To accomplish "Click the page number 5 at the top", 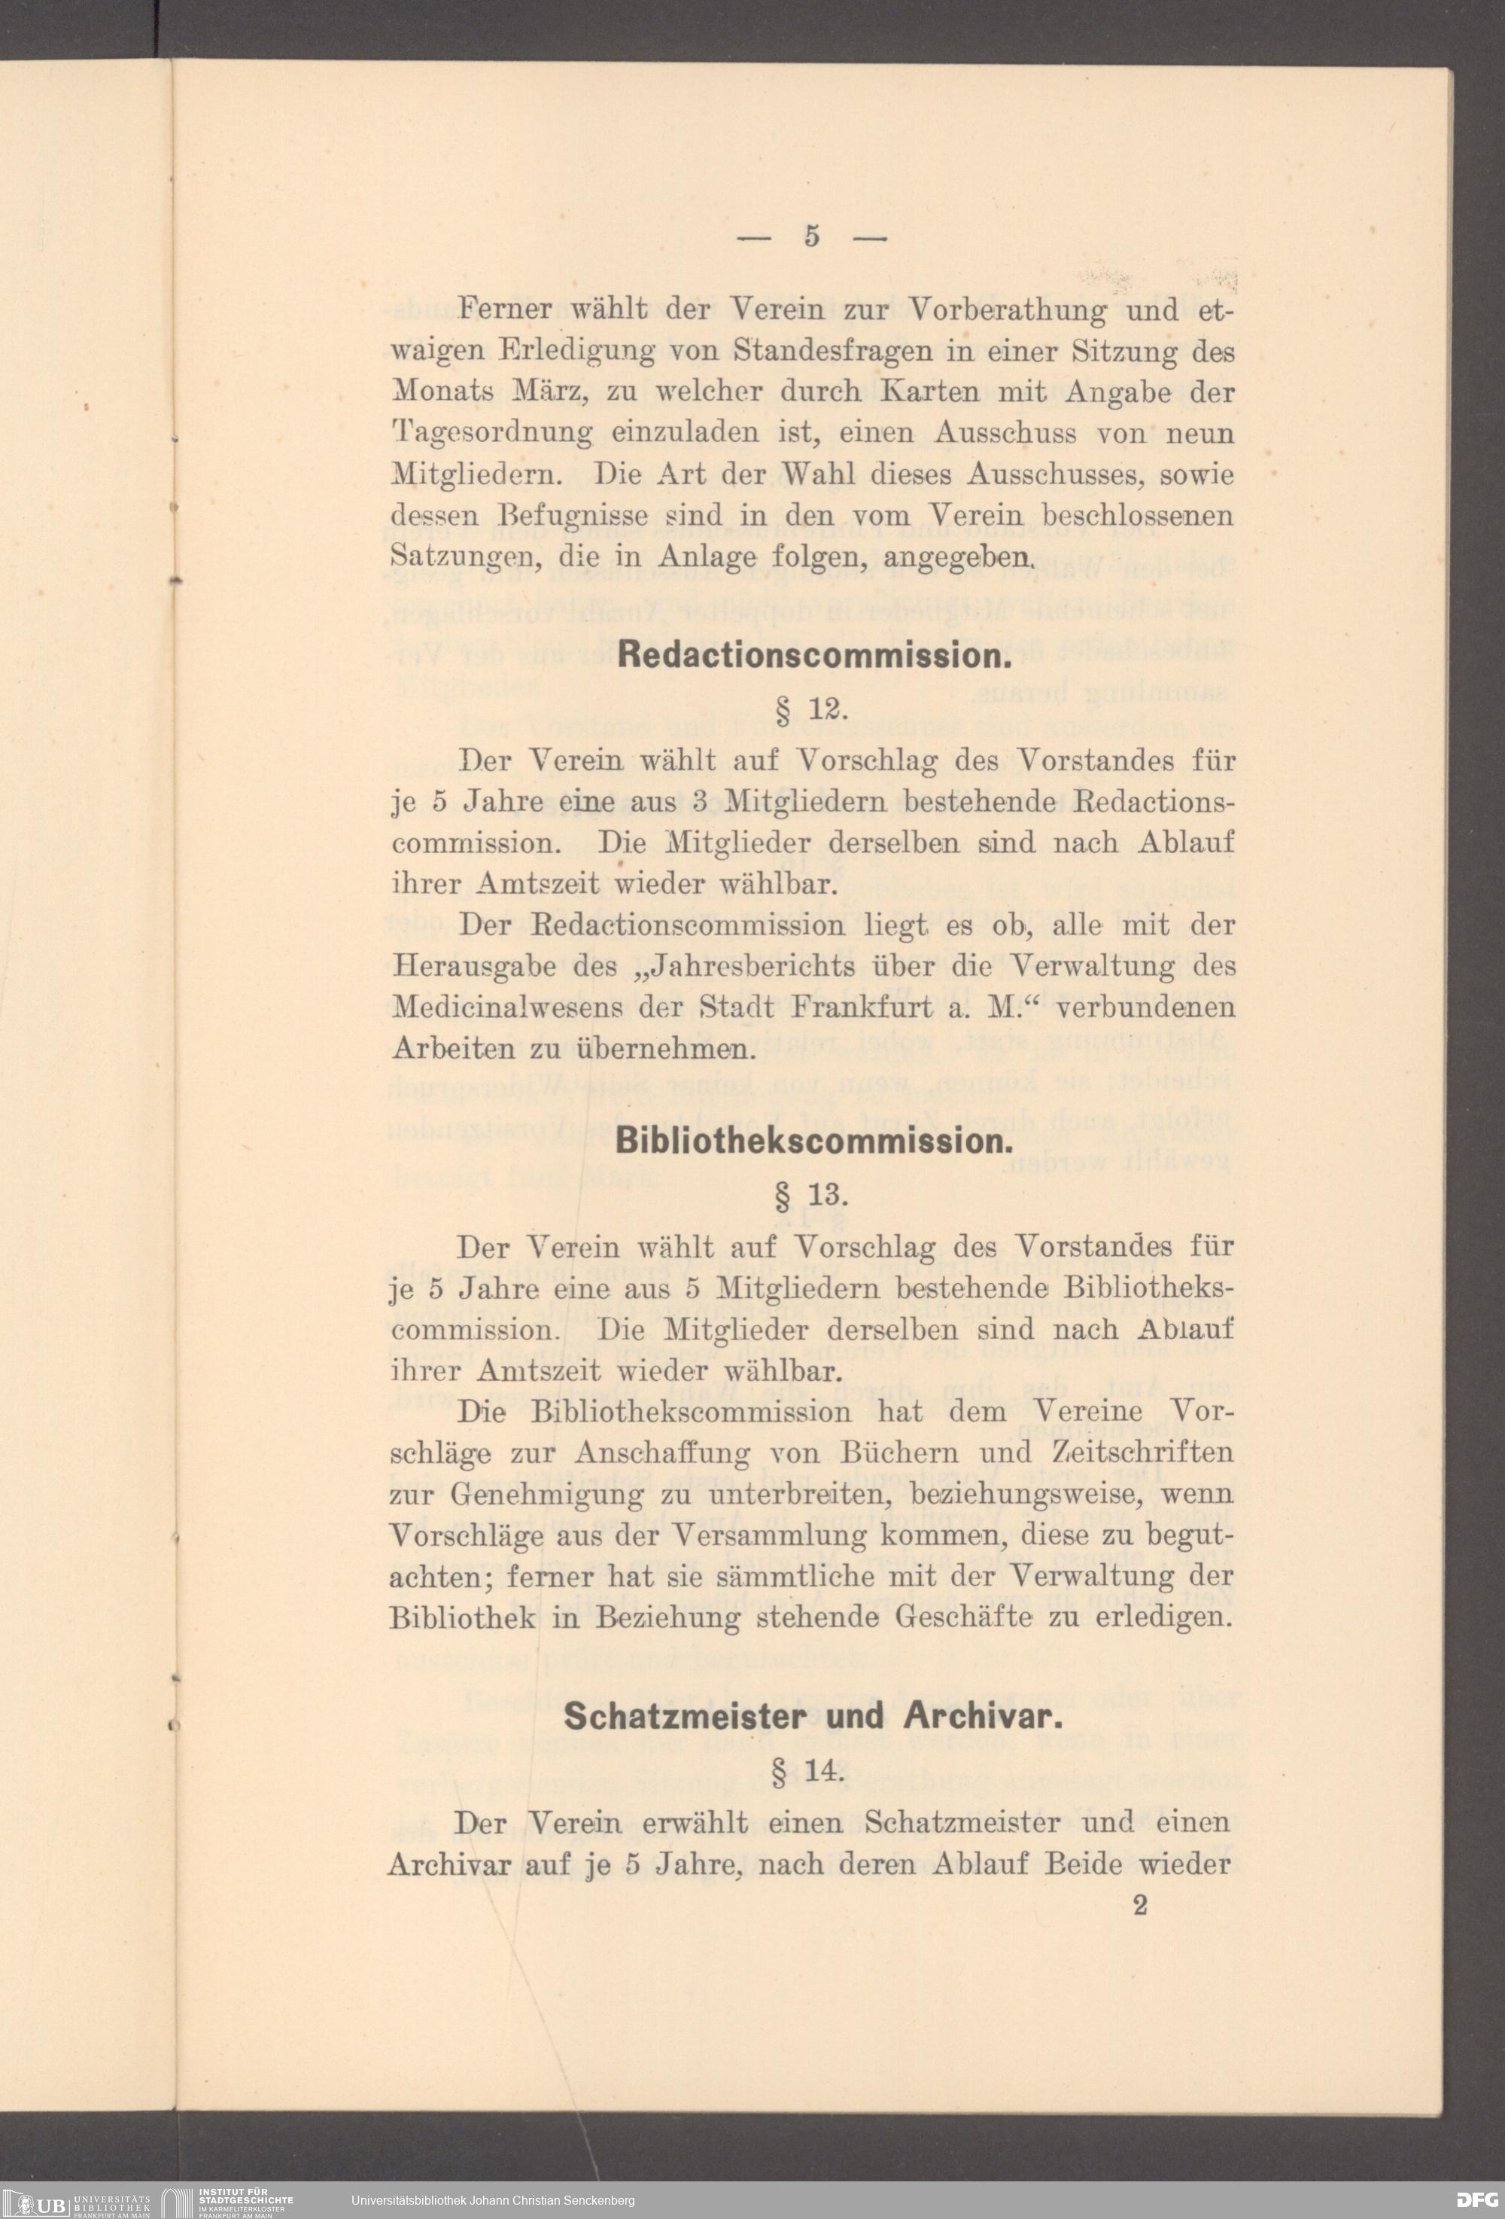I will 811,236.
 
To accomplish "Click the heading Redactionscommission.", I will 813,656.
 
